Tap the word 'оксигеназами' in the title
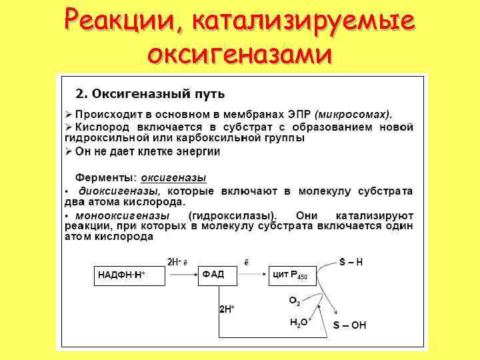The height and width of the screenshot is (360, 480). (x=239, y=53)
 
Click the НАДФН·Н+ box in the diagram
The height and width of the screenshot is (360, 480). (x=127, y=275)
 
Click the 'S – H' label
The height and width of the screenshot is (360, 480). (x=351, y=262)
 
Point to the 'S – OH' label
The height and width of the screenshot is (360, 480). (x=349, y=325)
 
